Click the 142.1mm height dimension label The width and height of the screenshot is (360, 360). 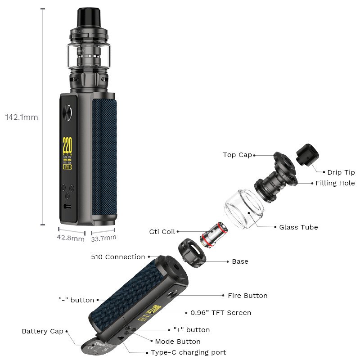(22, 117)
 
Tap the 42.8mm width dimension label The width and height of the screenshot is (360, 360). (71, 238)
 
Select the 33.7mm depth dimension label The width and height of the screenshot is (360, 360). (104, 238)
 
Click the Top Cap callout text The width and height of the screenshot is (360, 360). (237, 155)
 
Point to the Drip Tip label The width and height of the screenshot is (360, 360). (341, 172)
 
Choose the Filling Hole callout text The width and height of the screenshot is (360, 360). (335, 183)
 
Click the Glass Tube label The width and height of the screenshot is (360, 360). (298, 227)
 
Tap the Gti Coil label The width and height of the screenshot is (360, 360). (162, 232)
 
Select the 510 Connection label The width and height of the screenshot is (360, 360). (118, 257)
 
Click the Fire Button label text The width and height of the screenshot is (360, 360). (247, 296)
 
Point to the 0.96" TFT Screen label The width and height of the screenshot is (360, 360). (220, 313)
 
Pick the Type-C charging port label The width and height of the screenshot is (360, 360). (188, 352)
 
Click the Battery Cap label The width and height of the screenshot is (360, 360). (42, 331)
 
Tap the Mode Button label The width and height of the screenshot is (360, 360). (177, 342)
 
